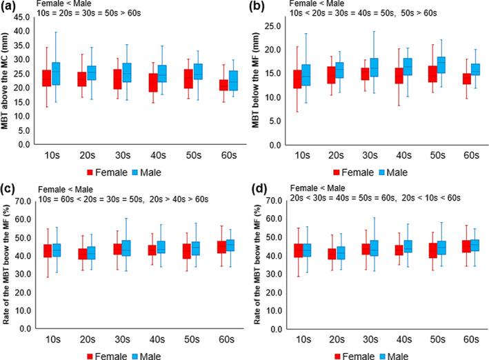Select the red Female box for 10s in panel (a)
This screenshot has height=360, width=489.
click(46, 78)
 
